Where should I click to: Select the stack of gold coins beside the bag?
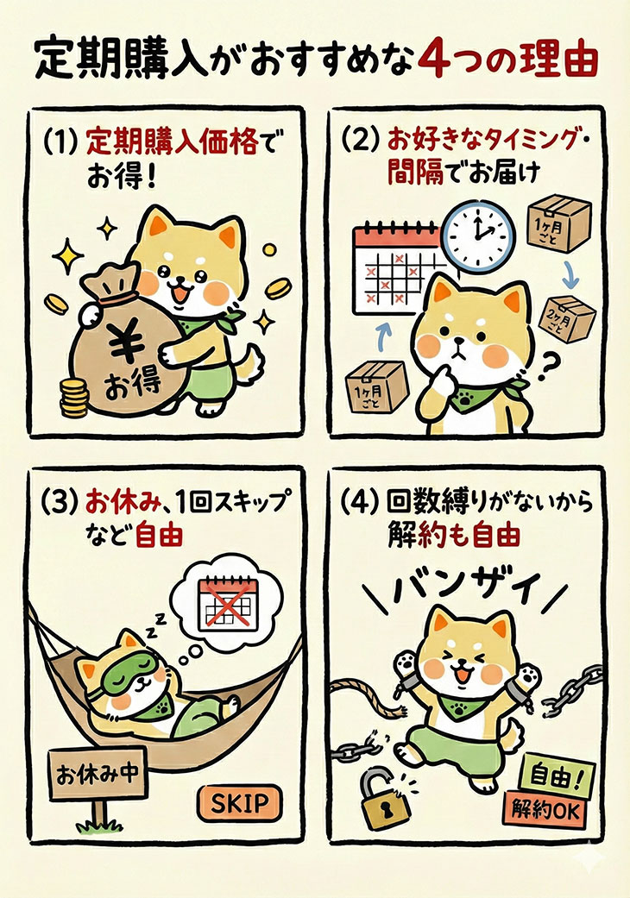(74, 398)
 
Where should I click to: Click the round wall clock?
(480, 235)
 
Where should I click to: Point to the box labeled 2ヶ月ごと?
(567, 319)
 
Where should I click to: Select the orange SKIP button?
(239, 803)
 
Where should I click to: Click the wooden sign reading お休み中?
(98, 774)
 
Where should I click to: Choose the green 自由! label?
(557, 776)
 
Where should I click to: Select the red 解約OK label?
(544, 810)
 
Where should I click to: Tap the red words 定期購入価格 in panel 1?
(172, 141)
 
